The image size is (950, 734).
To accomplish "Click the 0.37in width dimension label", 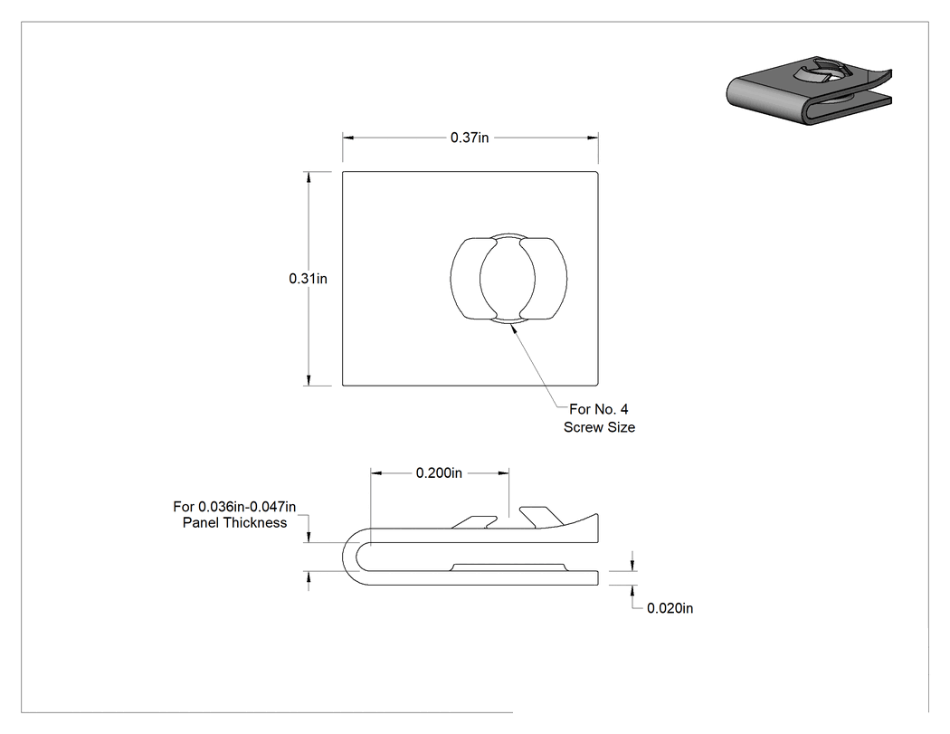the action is pos(470,138).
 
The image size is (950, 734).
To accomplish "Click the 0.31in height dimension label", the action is pos(308,278).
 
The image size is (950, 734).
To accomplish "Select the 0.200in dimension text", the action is pos(439,472).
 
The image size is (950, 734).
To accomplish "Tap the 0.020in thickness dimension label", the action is pos(670,608).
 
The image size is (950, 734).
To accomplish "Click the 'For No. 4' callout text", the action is pos(599,409).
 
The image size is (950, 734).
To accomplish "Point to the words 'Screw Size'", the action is pos(599,427).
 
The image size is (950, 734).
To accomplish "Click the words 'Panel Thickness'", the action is pos(234,522).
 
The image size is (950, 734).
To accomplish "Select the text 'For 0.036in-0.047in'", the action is pos(234,506).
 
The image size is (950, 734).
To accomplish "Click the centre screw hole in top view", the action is pos(508,278).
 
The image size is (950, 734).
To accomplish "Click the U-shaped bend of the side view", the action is pos(350,557).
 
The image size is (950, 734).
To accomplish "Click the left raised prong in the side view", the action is pos(475,522).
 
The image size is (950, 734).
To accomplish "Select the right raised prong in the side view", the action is pos(541,517).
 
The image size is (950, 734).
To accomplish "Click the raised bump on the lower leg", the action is pos(508,567).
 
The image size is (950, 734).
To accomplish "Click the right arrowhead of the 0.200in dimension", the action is pos(503,472).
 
